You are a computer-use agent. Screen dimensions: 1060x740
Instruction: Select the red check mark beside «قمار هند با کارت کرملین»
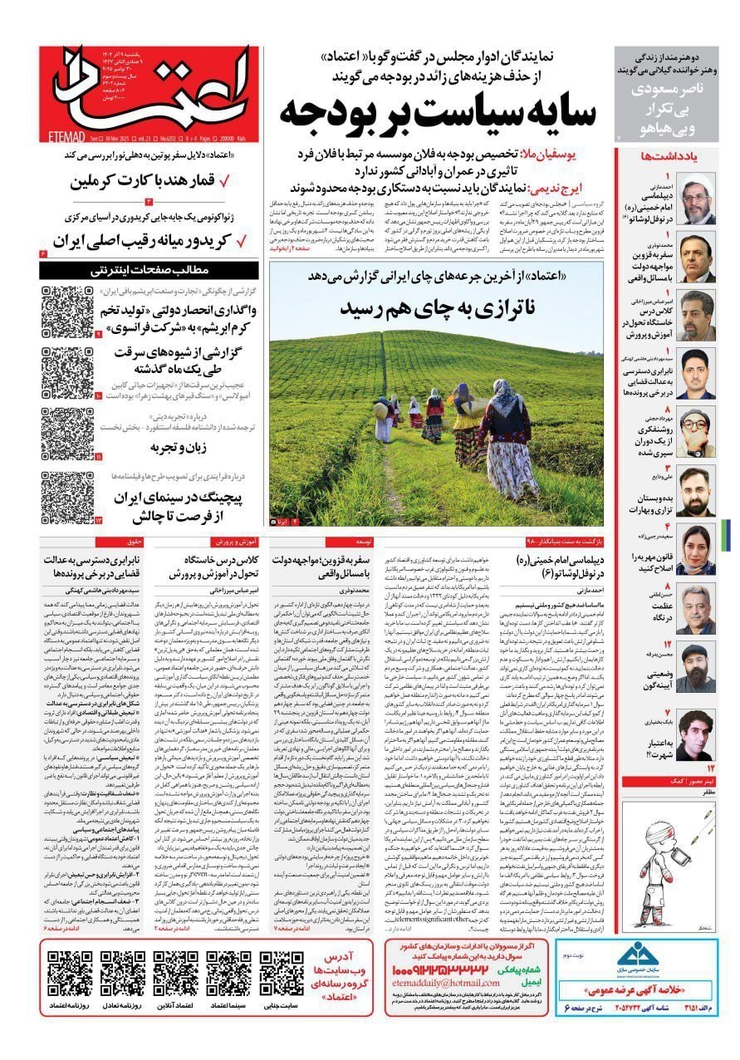point(242,180)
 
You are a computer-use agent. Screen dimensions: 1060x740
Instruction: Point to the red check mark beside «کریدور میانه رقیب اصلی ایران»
point(242,242)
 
